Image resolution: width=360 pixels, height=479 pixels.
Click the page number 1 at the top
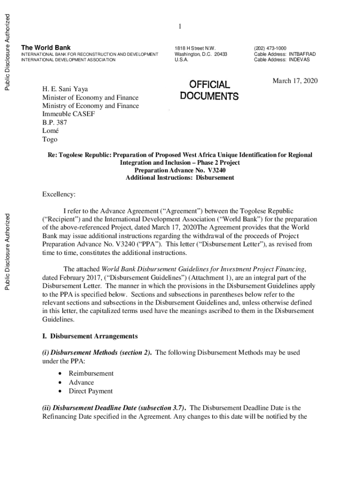[180, 27]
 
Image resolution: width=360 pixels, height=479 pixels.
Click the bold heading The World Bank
[46, 48]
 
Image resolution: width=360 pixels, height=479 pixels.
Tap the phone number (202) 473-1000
[270, 48]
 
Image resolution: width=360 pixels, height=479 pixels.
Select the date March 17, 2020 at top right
[295, 81]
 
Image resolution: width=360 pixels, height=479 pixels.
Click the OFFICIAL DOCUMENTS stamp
[209, 90]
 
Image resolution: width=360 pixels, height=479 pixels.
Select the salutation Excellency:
[59, 194]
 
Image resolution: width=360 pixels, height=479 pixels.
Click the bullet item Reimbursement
[91, 373]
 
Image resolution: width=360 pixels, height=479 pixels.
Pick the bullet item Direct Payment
[91, 391]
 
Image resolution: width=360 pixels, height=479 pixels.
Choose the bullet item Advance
[81, 382]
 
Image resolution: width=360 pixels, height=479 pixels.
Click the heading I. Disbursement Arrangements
[90, 336]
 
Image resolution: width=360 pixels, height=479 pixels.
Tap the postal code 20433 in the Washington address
[221, 54]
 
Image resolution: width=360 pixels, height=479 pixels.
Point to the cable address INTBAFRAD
[302, 54]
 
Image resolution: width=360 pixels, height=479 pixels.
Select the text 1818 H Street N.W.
[195, 48]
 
